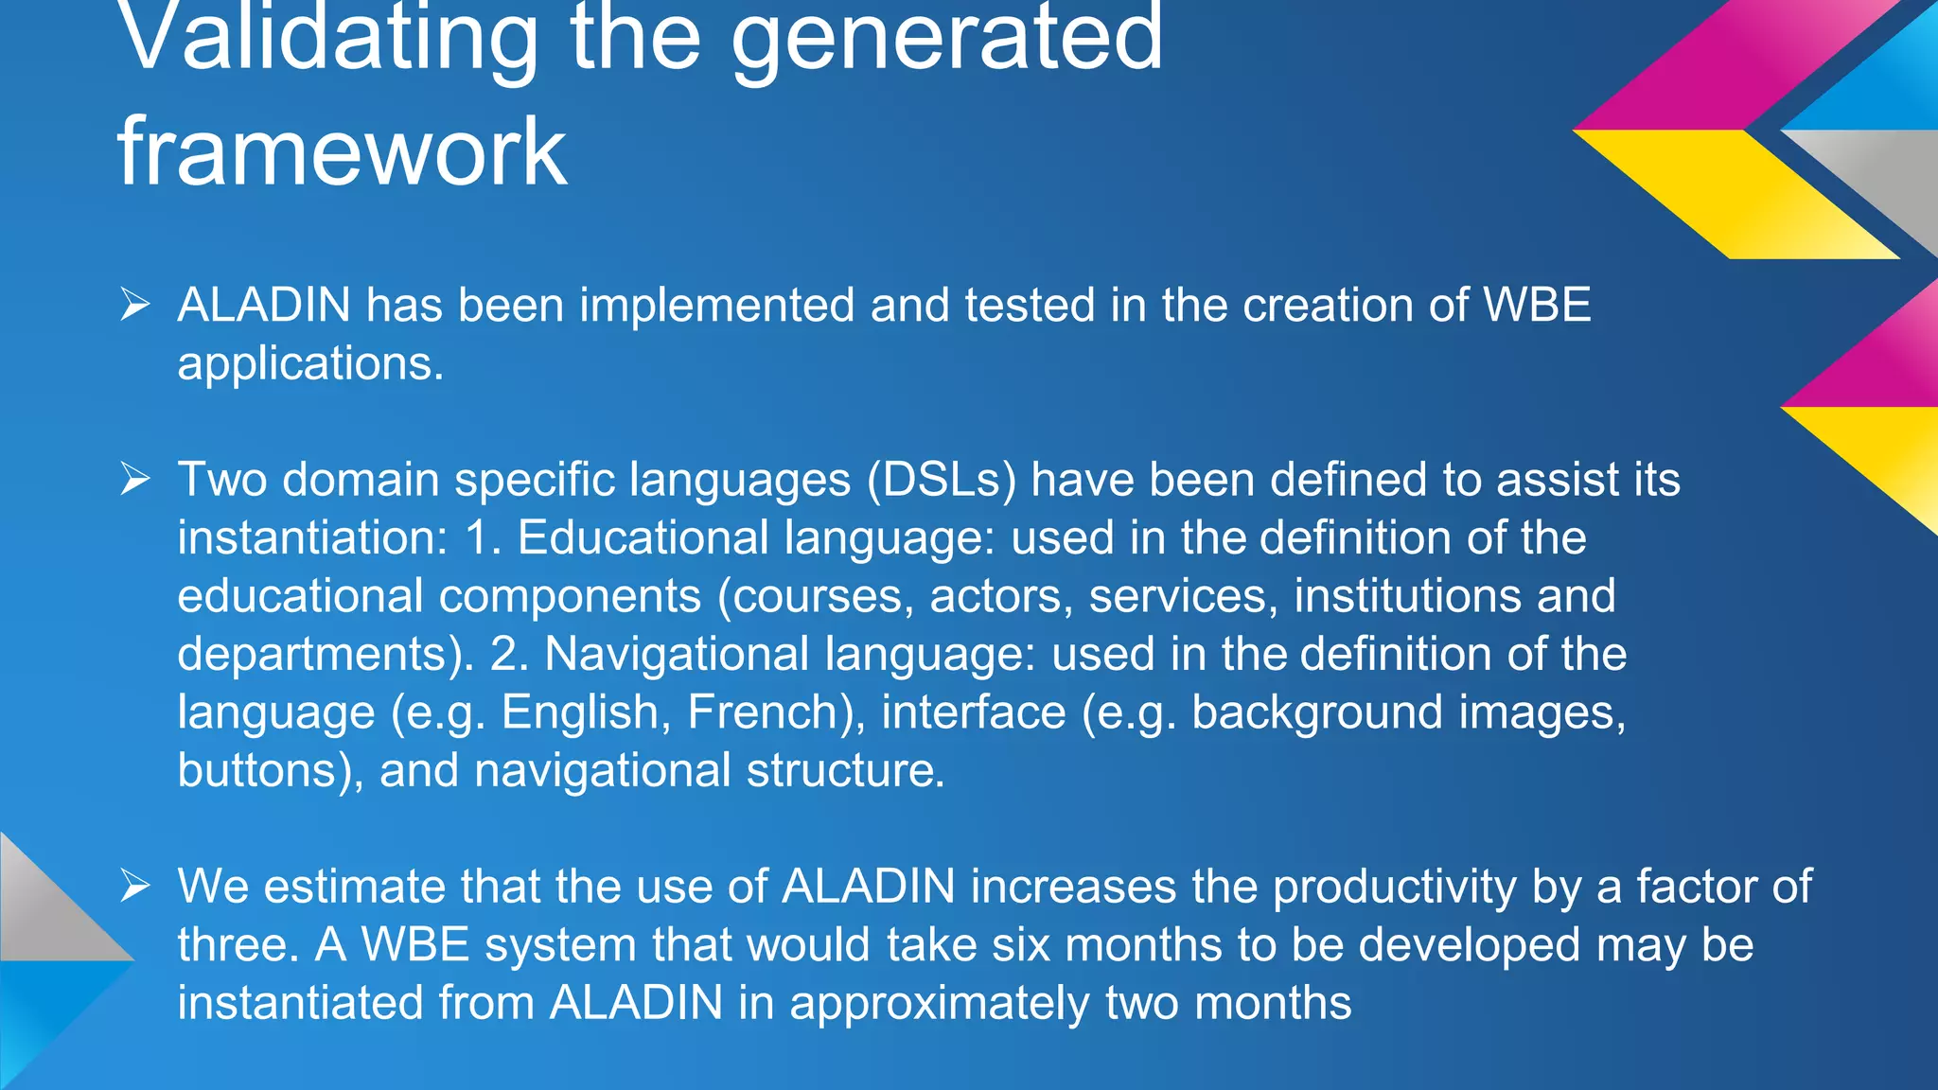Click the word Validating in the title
point(326,38)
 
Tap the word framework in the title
point(342,151)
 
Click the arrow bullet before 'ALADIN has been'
point(135,305)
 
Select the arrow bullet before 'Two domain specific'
point(135,480)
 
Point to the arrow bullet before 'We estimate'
point(135,887)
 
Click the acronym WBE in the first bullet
point(1537,305)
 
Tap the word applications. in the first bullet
point(310,363)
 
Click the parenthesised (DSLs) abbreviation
point(942,480)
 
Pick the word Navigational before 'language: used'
point(677,654)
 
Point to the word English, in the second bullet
point(586,712)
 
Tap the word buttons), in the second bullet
point(271,770)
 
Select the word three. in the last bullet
point(239,945)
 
